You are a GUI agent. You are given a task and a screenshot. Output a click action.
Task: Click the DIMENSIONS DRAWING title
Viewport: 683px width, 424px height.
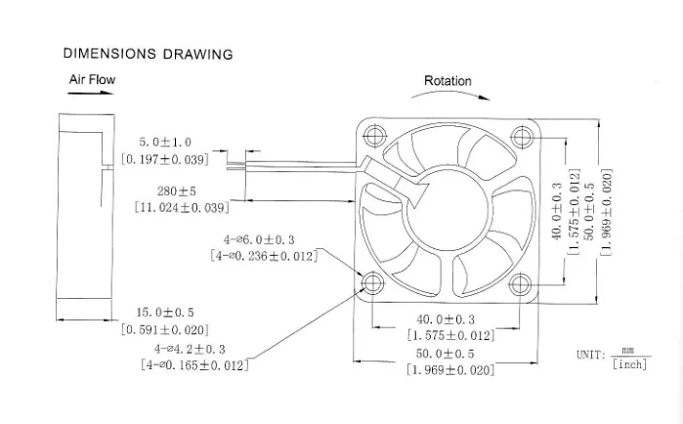tap(148, 54)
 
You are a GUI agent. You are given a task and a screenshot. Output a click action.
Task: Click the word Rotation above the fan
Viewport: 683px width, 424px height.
tap(448, 81)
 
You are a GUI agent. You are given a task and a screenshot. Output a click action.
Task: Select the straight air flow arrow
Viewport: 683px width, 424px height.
tap(88, 96)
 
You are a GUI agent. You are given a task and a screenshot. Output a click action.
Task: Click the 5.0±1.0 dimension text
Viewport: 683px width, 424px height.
tap(164, 143)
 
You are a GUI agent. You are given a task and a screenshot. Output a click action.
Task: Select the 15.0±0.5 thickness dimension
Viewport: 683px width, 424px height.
tap(164, 313)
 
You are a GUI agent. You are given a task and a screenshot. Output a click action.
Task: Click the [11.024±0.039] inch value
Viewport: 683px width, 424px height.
tap(182, 207)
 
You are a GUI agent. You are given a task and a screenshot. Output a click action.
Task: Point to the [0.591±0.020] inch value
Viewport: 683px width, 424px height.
tap(164, 330)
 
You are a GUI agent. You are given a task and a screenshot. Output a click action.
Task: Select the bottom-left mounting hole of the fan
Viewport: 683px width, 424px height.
tap(372, 284)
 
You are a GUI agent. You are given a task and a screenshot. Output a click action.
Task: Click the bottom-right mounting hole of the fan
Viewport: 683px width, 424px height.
tap(519, 284)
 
